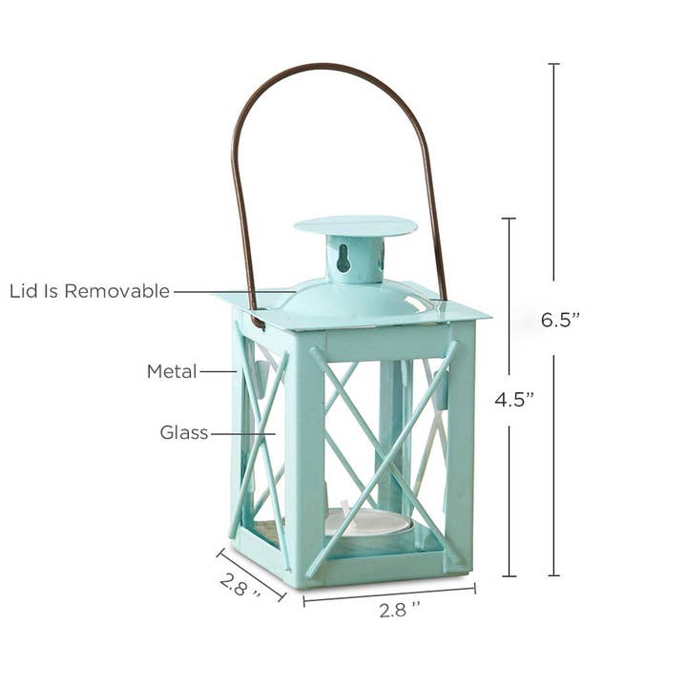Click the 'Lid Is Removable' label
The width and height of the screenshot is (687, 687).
click(90, 291)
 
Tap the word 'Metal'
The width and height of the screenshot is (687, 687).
click(172, 371)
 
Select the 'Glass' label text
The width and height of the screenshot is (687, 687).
click(184, 433)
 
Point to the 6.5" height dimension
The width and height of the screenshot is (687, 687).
click(560, 321)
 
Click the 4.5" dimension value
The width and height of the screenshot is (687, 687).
click(513, 400)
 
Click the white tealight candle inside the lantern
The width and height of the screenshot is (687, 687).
click(367, 521)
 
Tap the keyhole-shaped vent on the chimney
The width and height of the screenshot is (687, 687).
click(343, 255)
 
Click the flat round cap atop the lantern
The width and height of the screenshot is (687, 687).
click(355, 226)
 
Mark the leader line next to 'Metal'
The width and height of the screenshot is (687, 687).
click(218, 371)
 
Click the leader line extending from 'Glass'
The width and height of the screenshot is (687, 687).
click(242, 433)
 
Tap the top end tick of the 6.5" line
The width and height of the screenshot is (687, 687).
click(553, 64)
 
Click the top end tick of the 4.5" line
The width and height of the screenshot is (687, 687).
click(509, 219)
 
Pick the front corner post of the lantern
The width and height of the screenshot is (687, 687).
click(304, 458)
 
